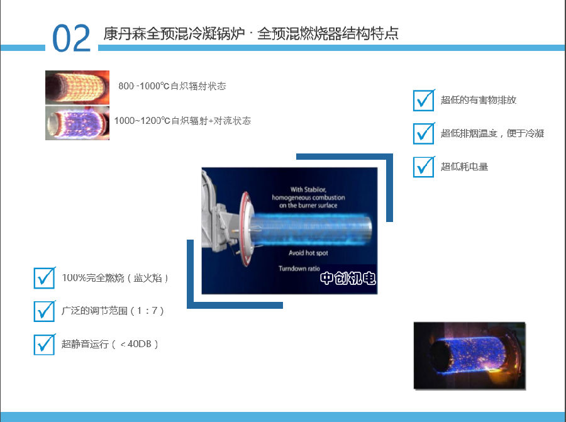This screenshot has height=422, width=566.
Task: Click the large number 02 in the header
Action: [x=72, y=38]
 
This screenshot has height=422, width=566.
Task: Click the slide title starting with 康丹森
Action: [x=251, y=33]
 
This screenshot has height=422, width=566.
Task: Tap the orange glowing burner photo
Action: [x=77, y=87]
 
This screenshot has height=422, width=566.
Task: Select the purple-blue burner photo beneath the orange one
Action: [x=77, y=123]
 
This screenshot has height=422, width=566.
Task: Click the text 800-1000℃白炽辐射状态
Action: [x=172, y=86]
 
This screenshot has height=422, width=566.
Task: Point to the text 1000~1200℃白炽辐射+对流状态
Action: [x=182, y=121]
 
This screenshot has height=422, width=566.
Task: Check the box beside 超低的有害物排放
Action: [x=424, y=101]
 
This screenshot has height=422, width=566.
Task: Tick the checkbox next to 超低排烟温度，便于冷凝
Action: [x=424, y=133]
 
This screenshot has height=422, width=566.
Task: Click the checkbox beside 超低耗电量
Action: [x=424, y=167]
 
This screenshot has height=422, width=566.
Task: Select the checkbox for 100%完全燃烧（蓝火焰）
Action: [x=45, y=278]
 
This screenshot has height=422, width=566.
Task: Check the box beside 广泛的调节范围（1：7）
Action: [x=45, y=311]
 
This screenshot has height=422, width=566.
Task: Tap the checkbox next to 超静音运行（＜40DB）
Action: [x=45, y=345]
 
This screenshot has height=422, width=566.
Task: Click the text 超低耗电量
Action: [x=464, y=167]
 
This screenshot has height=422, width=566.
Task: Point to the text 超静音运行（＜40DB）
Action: [x=109, y=344]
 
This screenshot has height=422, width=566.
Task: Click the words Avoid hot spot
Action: [x=308, y=253]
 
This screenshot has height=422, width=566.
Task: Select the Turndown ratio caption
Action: [x=299, y=269]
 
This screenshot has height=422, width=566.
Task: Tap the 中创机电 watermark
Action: [x=348, y=279]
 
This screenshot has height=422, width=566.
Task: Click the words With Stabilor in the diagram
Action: [x=308, y=189]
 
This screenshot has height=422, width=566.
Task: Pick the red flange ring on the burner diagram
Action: [x=245, y=229]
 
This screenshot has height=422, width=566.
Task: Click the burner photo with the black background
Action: [x=470, y=355]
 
